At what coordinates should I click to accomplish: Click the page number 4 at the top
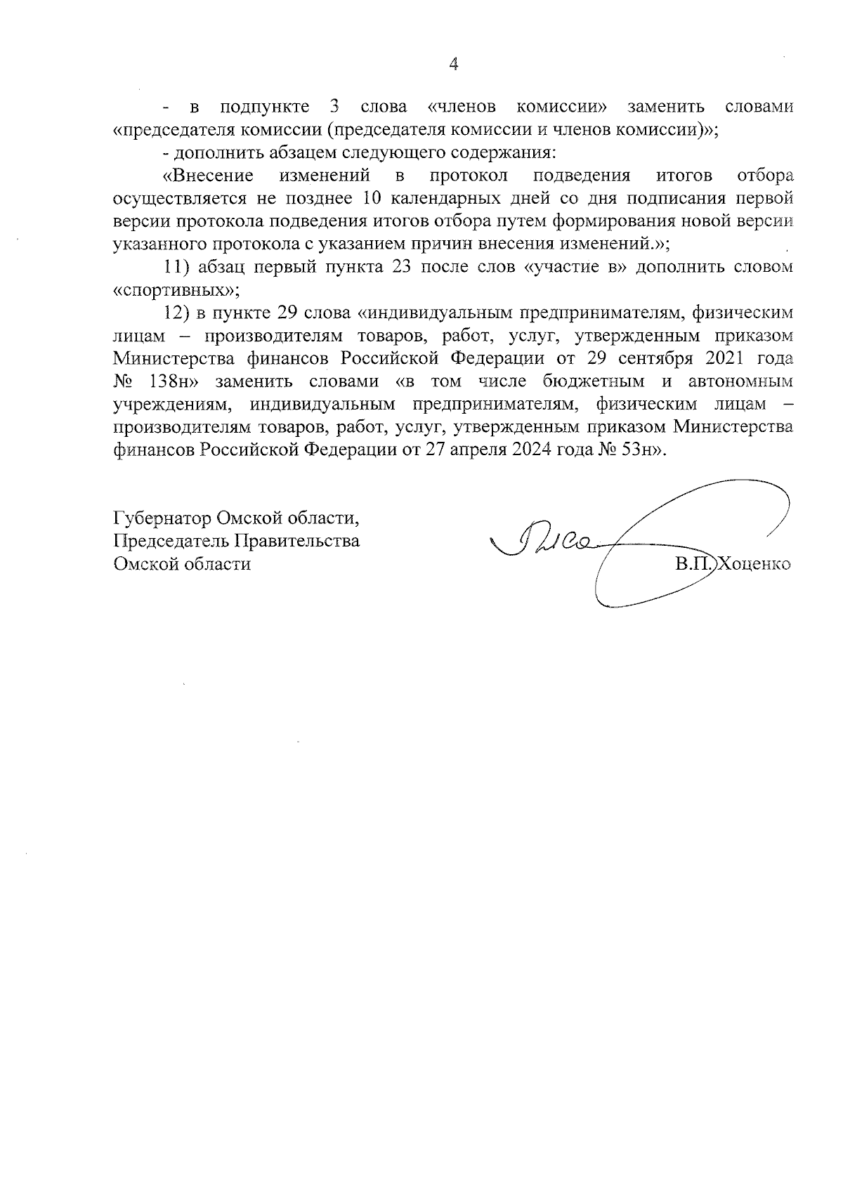(x=454, y=65)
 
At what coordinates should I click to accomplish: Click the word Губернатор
(x=162, y=518)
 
